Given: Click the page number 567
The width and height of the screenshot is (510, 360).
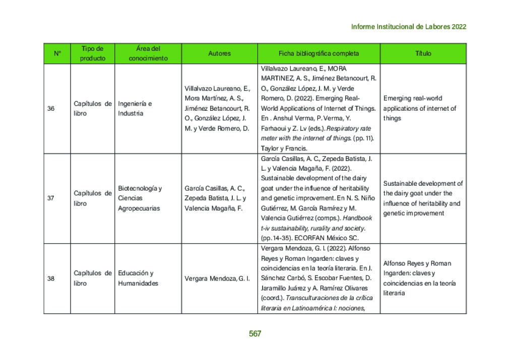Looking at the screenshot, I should pos(255,333).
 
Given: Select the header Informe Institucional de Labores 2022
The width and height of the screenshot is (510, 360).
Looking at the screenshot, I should pos(408,27).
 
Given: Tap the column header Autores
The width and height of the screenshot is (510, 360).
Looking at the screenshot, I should pos(219,53).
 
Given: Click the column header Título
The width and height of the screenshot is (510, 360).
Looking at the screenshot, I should pos(423,53).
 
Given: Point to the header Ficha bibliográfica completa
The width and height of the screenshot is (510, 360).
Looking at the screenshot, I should pos(318,53).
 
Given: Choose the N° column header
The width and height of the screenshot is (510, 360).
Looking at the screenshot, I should pos(57,53).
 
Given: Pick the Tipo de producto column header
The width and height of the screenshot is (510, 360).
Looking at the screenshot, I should pos(93,53).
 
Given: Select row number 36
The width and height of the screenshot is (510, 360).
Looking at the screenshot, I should pos(51,108).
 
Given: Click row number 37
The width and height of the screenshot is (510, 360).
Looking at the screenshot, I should pos(51,198).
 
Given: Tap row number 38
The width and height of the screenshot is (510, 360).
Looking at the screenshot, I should pos(51,278).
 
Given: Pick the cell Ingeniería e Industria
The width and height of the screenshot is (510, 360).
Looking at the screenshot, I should pos(135,108).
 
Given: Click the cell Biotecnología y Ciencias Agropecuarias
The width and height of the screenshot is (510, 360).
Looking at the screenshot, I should pos(140,198).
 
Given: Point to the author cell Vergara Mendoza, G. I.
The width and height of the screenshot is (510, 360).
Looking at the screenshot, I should pos(217,278).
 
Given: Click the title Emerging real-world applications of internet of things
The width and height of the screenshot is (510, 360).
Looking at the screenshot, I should pos(419,108).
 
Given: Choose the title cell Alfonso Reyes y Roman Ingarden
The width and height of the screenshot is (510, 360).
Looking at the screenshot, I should pos(417,278).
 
